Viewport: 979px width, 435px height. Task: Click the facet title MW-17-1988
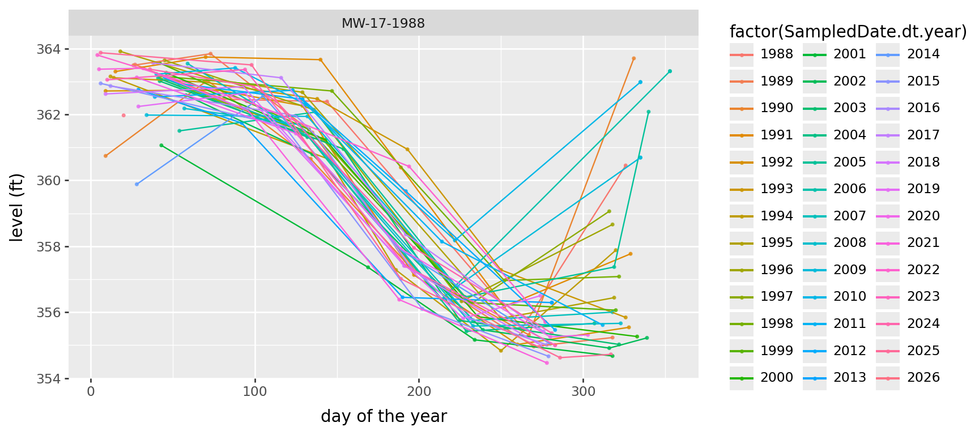[x=383, y=24]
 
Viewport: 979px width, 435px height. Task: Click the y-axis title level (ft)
[x=17, y=207]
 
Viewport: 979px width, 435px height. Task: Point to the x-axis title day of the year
[x=384, y=416]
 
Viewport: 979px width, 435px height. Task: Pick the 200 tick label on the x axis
[x=419, y=392]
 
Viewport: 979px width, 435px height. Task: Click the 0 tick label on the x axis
[x=91, y=392]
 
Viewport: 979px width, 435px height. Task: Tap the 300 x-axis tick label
[x=583, y=392]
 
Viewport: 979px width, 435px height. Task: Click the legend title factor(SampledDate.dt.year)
[x=848, y=32]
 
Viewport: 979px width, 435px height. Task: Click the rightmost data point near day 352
[x=670, y=71]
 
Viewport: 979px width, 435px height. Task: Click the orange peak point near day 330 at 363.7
[x=633, y=58]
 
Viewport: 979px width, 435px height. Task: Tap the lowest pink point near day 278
[x=547, y=362]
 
